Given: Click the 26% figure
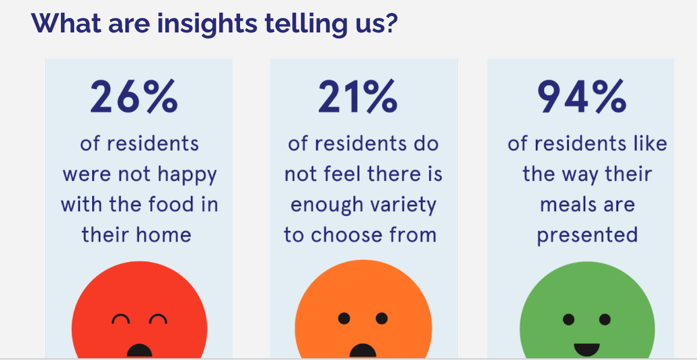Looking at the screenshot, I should pos(134,97).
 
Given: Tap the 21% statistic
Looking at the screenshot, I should pos(358,97).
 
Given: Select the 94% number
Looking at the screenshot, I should pos(582,97).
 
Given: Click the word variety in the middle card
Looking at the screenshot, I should pos(405,205).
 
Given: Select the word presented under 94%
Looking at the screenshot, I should pos(587,235).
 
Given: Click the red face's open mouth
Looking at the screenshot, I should pos(139,351).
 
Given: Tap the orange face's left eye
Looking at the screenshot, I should pos(344,318).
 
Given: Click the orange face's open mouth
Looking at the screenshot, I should pos(363,351).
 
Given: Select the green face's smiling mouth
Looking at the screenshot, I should pos(587,349).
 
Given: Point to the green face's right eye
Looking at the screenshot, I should pos(605,319).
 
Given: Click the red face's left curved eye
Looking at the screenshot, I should pos(121,319).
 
